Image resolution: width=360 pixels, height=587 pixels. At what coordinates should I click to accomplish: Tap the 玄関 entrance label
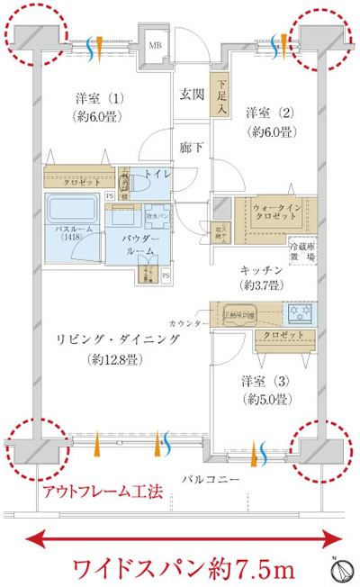(x=190, y=93)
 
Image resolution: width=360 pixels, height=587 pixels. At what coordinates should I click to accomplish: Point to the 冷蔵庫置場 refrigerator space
(x=302, y=250)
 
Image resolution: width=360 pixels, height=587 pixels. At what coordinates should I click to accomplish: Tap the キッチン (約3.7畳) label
(x=262, y=277)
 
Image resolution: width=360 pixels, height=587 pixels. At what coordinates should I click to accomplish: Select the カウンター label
(x=185, y=321)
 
